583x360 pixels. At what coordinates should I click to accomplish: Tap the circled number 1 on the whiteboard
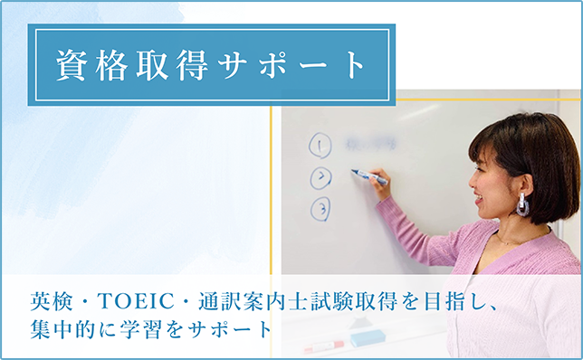pyautogui.click(x=320, y=145)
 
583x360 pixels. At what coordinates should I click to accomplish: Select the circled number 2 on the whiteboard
pyautogui.click(x=320, y=177)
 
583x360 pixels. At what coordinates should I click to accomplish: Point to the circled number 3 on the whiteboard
pyautogui.click(x=320, y=209)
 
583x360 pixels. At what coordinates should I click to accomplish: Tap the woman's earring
pyautogui.click(x=522, y=204)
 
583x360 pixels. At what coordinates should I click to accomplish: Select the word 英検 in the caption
pyautogui.click(x=47, y=300)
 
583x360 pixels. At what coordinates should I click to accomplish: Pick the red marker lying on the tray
pyautogui.click(x=321, y=346)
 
